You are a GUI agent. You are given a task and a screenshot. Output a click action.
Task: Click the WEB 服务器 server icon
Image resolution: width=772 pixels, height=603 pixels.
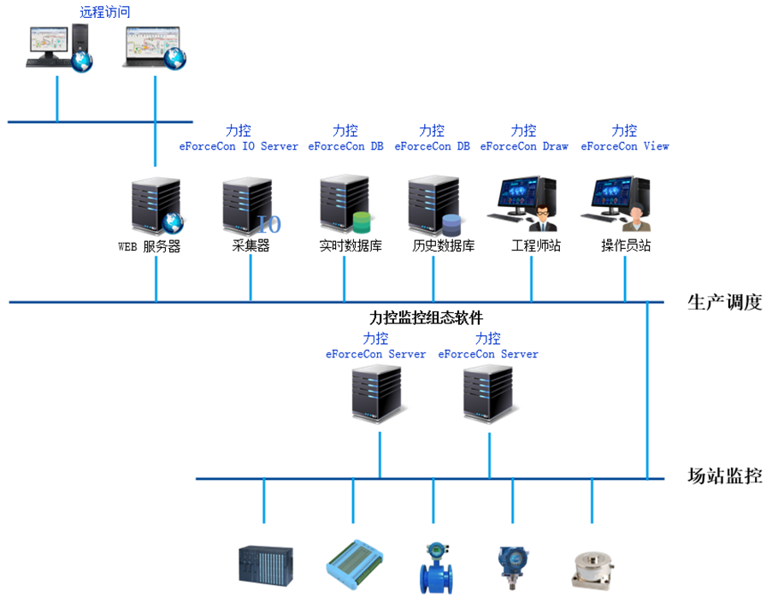[156, 205]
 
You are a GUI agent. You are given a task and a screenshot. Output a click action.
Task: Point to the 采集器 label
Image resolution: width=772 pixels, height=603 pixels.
[250, 246]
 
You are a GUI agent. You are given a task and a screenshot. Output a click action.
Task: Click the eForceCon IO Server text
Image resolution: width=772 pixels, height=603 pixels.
[239, 146]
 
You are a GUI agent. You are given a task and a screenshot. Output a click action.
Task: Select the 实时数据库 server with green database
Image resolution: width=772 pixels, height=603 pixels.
[345, 205]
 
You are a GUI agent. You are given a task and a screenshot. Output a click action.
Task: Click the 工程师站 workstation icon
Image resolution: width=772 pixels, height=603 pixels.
[524, 205]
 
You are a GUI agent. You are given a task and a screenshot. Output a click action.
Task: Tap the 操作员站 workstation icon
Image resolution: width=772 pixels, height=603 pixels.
[617, 205]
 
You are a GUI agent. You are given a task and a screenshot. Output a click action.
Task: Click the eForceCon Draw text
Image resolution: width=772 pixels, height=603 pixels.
[524, 146]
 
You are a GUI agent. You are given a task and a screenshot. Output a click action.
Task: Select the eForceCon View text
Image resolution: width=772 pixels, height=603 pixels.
[625, 146]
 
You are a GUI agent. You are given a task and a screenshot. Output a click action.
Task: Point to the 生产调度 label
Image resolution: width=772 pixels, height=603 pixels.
[724, 302]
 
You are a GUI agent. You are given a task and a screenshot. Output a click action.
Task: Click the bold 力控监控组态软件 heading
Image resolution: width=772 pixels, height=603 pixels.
[426, 318]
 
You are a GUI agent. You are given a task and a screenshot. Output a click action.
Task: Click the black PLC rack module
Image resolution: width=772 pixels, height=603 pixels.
[265, 565]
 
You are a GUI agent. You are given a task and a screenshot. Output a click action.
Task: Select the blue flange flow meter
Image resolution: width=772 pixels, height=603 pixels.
[433, 567]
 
